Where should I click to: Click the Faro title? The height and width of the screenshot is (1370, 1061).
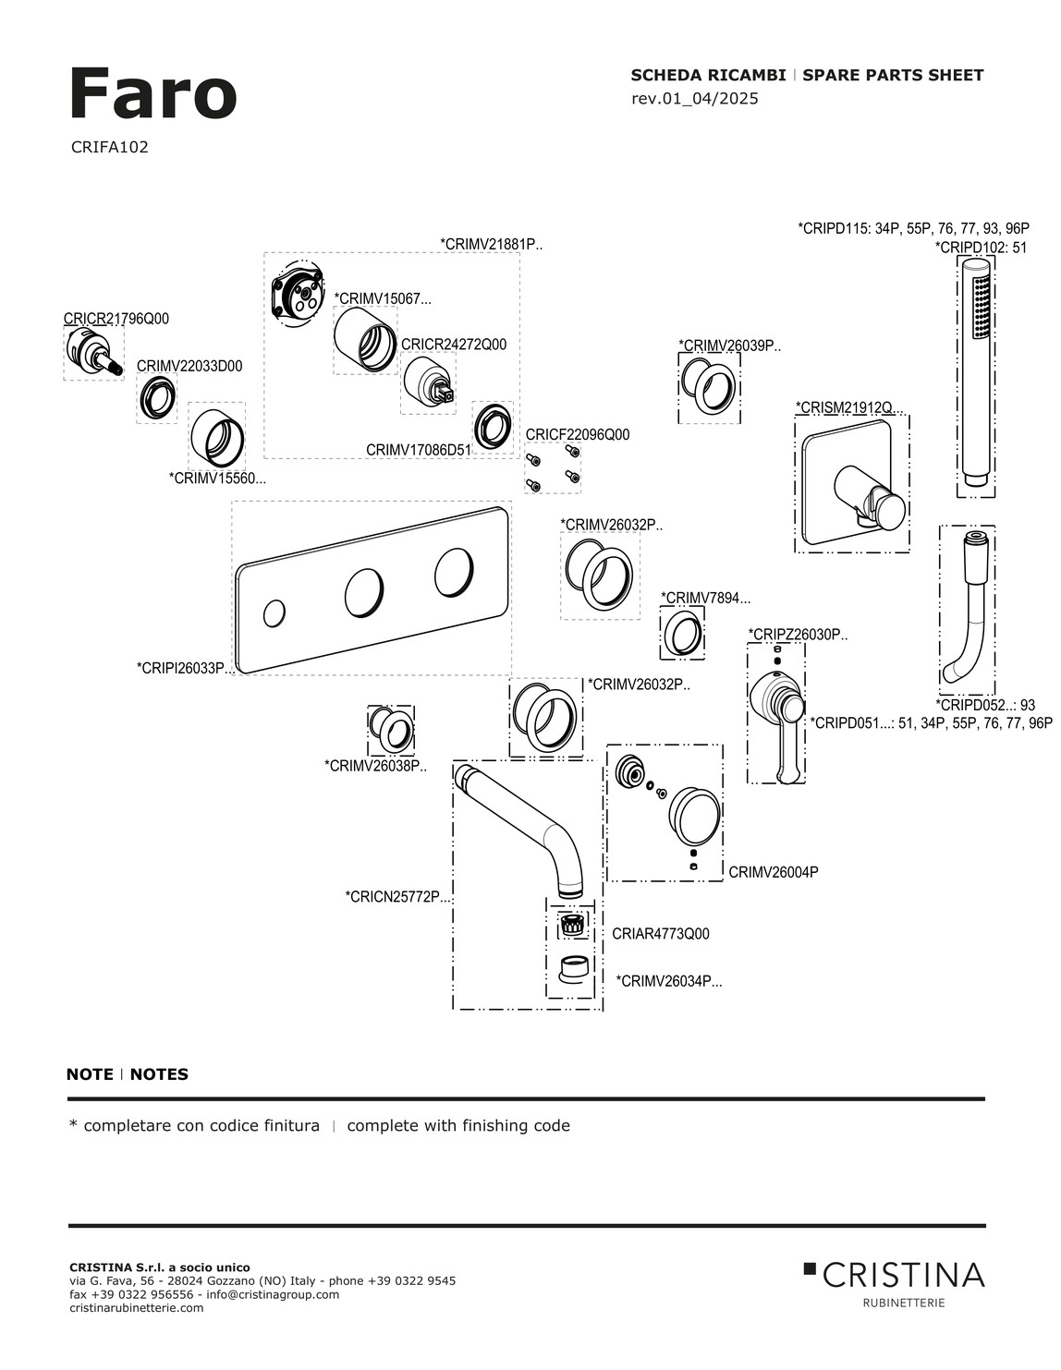pyautogui.click(x=152, y=94)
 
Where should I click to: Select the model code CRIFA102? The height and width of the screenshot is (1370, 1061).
pyautogui.click(x=109, y=147)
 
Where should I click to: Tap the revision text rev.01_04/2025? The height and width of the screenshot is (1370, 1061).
pyautogui.click(x=694, y=98)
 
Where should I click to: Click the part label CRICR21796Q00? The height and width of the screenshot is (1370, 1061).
pyautogui.click(x=116, y=319)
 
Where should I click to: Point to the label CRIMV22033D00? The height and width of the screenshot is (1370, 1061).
pyautogui.click(x=189, y=366)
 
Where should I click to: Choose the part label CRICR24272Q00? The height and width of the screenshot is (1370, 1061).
pyautogui.click(x=454, y=345)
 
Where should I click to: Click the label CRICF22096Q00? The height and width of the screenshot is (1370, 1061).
pyautogui.click(x=577, y=434)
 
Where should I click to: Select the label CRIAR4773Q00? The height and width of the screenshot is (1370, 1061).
pyautogui.click(x=660, y=934)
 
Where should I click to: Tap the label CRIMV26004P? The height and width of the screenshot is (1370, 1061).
pyautogui.click(x=773, y=872)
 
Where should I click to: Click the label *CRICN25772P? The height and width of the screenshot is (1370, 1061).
pyautogui.click(x=398, y=896)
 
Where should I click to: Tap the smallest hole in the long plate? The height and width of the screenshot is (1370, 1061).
pyautogui.click(x=274, y=612)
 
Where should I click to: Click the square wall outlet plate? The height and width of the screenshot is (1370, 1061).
pyautogui.click(x=850, y=485)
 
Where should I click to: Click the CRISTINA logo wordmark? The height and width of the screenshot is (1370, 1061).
pyautogui.click(x=902, y=1276)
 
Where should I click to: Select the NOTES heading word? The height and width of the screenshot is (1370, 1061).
pyautogui.click(x=159, y=1074)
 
